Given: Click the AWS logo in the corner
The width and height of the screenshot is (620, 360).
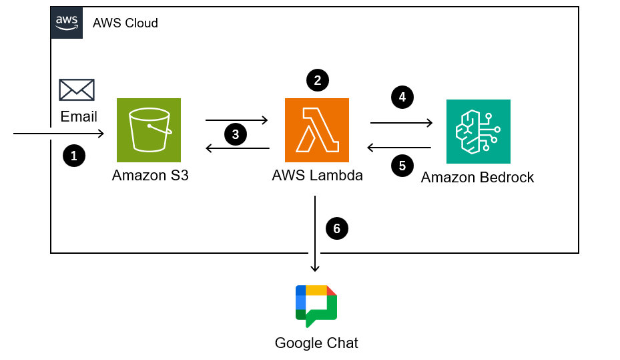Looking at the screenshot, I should pos(67,23).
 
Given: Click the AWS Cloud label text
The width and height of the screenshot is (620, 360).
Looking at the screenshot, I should pos(125,23).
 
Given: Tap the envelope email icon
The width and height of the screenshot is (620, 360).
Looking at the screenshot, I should pos(77,90).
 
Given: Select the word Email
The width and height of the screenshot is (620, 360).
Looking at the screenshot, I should pos(79,117).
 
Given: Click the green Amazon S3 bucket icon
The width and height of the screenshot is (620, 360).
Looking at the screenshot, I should pos(149,130).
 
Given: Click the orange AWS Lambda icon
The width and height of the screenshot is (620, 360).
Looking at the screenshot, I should pos(317,130).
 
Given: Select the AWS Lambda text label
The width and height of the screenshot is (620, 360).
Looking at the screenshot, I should pos(318,176).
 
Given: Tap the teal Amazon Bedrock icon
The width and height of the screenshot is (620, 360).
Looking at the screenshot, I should pos(478,131).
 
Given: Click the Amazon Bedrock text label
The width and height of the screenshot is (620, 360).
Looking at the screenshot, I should pos(478,178).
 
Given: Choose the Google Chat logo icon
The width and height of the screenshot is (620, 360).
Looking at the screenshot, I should pos(316,306).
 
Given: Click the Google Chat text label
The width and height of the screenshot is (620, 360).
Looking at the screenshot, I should pos(316,343).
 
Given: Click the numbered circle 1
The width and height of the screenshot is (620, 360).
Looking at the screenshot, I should pos(74,156).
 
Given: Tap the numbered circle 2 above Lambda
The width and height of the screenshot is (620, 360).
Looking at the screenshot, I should pos(318,80).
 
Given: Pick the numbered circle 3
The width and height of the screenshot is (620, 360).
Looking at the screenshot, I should pos(236,134).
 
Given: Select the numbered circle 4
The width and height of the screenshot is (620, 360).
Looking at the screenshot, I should pos(402,98).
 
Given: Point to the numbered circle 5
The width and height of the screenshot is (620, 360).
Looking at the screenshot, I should pos(402,166).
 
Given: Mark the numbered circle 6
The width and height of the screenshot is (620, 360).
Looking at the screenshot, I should pos(337,228).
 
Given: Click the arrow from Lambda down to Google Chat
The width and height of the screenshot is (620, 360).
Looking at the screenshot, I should pos(316,234).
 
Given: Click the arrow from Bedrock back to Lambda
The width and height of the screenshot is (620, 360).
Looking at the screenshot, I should pos(399,148).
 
